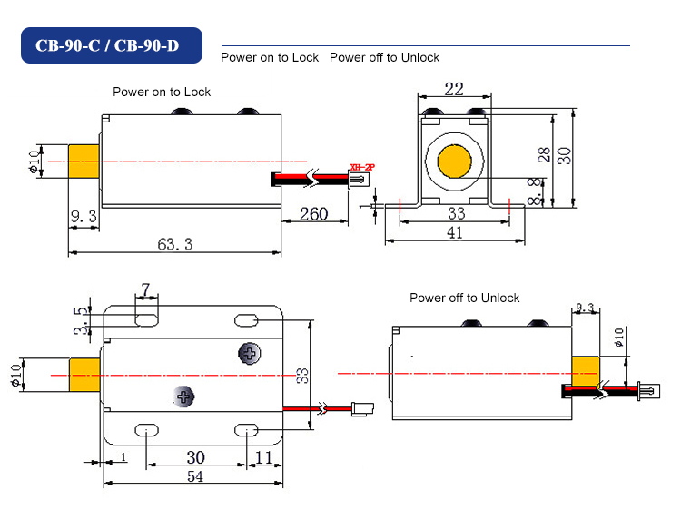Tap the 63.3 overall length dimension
(174, 244)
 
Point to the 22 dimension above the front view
(453, 88)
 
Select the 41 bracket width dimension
(455, 233)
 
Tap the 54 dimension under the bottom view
(194, 477)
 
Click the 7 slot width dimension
(145, 289)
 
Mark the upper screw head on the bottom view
(247, 353)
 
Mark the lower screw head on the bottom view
(185, 396)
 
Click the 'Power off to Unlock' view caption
(464, 298)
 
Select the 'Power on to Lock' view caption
(162, 92)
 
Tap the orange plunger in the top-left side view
(84, 162)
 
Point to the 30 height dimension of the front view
(565, 156)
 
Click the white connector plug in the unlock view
(648, 391)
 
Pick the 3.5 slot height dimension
(82, 320)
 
